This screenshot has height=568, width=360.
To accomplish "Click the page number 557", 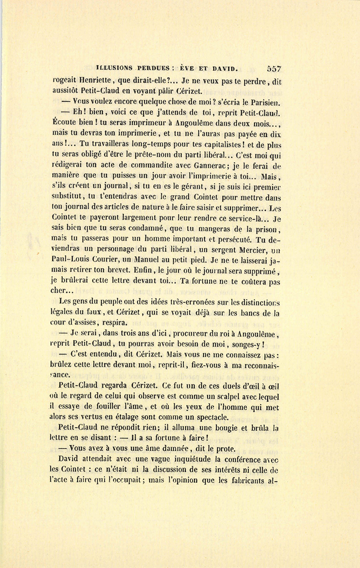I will [274, 69].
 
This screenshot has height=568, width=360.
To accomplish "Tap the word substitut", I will [68, 197].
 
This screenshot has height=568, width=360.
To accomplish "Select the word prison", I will [266, 229].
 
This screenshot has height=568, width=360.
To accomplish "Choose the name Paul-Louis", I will [72, 261].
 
